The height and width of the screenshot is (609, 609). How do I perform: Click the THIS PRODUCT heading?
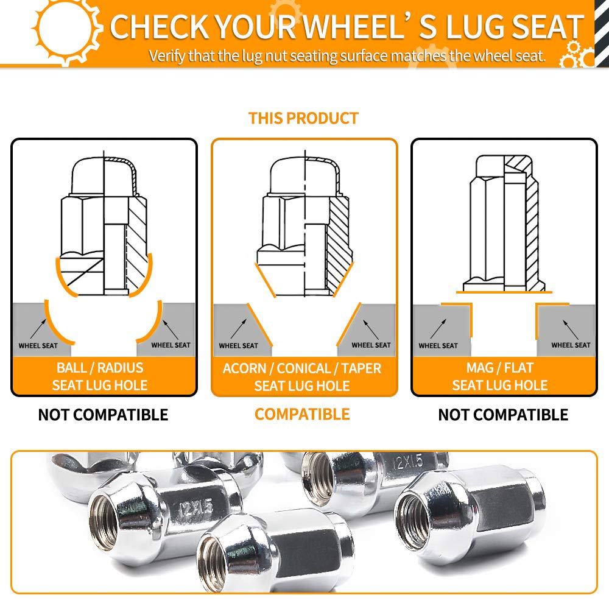click(x=303, y=118)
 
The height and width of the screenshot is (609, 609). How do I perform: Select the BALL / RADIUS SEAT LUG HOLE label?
click(x=100, y=376)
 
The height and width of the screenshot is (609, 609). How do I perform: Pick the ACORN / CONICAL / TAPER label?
click(x=302, y=368)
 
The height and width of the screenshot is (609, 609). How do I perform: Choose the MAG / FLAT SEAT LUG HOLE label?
click(x=500, y=376)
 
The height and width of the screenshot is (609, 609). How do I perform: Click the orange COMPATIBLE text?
click(x=302, y=414)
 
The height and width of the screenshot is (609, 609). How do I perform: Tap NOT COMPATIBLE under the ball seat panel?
click(x=103, y=415)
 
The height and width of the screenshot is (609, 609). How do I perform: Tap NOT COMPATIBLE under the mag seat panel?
click(x=503, y=415)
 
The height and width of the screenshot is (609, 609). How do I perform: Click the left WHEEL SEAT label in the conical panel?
click(x=239, y=346)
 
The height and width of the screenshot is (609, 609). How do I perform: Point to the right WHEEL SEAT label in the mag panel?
click(x=571, y=345)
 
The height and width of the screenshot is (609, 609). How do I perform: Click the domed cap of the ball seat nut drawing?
click(x=104, y=176)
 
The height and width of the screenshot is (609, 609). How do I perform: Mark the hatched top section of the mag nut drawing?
click(x=518, y=164)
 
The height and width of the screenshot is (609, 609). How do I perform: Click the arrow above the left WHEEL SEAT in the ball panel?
click(x=38, y=329)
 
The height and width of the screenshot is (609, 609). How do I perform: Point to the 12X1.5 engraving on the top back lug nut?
click(x=408, y=462)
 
